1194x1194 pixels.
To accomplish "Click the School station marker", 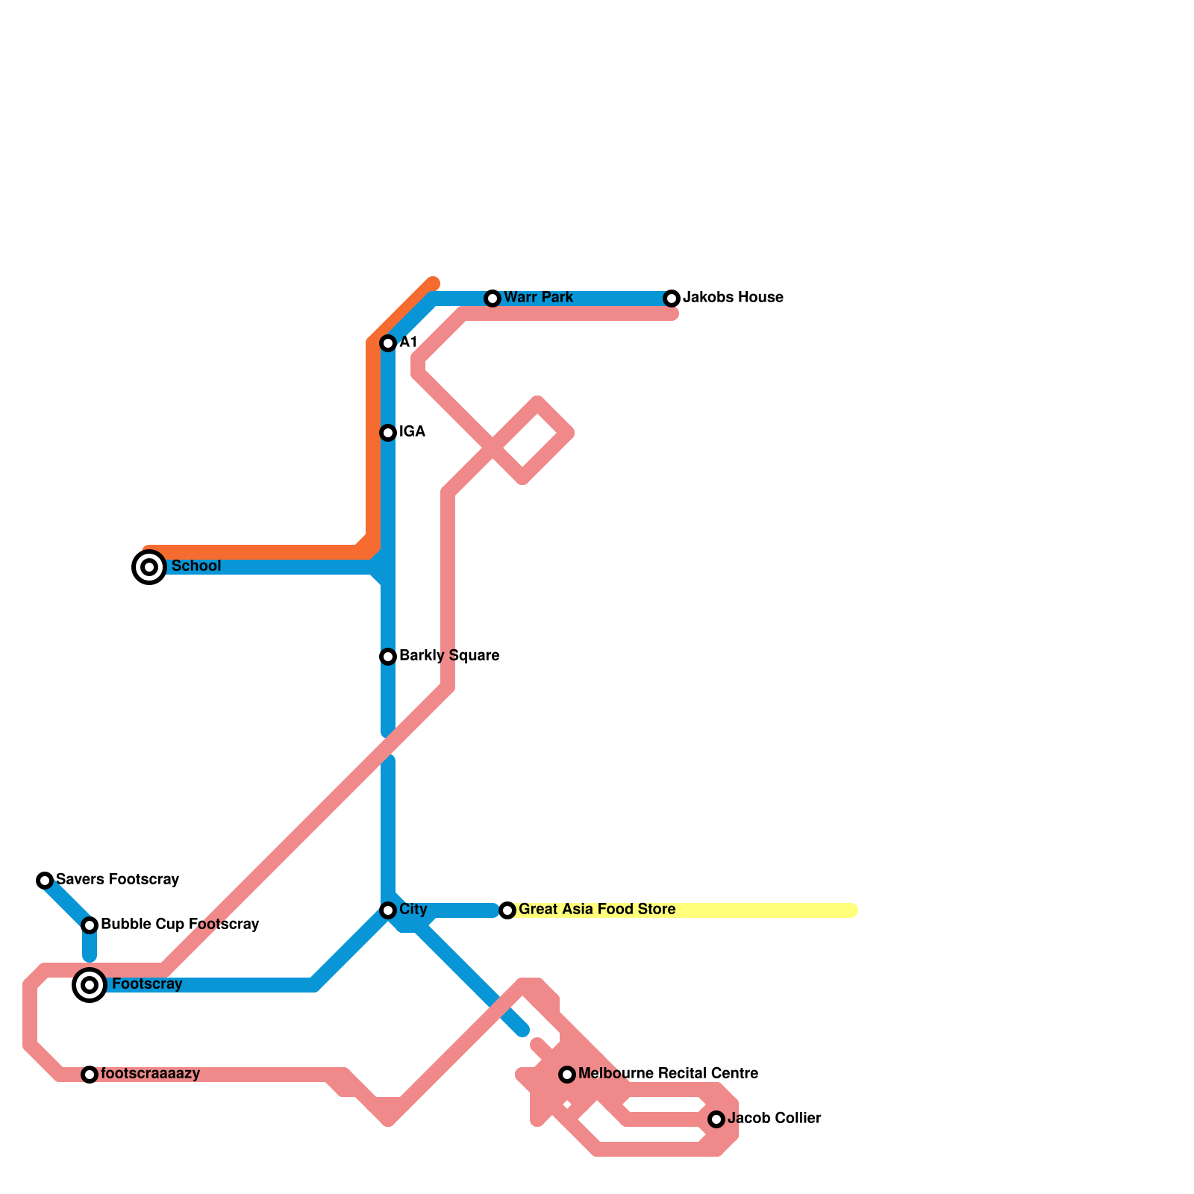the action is [x=149, y=567].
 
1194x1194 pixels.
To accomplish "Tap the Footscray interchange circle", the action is [x=90, y=985].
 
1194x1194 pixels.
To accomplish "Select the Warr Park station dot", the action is [x=493, y=298].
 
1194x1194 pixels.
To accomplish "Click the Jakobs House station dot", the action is [x=672, y=298].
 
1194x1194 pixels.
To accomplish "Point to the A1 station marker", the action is [x=388, y=343].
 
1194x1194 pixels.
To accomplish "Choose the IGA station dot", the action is [x=388, y=433].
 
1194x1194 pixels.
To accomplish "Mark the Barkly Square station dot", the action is [x=388, y=657].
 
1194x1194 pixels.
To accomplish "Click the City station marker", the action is [x=388, y=910].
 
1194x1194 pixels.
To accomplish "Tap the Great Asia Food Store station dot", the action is [x=507, y=910].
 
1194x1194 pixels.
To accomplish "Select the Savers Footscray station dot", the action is [x=45, y=881].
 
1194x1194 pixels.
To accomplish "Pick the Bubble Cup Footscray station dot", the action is [x=90, y=925].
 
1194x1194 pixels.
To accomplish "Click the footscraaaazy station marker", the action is [x=90, y=1075].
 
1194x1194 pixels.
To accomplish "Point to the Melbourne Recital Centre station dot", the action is [x=567, y=1075].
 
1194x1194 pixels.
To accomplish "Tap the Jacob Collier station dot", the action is [x=716, y=1119].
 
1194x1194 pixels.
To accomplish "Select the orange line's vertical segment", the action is [x=373, y=448].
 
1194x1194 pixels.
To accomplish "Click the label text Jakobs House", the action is [x=733, y=298].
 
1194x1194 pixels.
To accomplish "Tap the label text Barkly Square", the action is [x=449, y=656].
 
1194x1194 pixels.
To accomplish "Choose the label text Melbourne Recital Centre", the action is [x=668, y=1074].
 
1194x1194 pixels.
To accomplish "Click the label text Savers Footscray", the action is [x=117, y=880].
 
